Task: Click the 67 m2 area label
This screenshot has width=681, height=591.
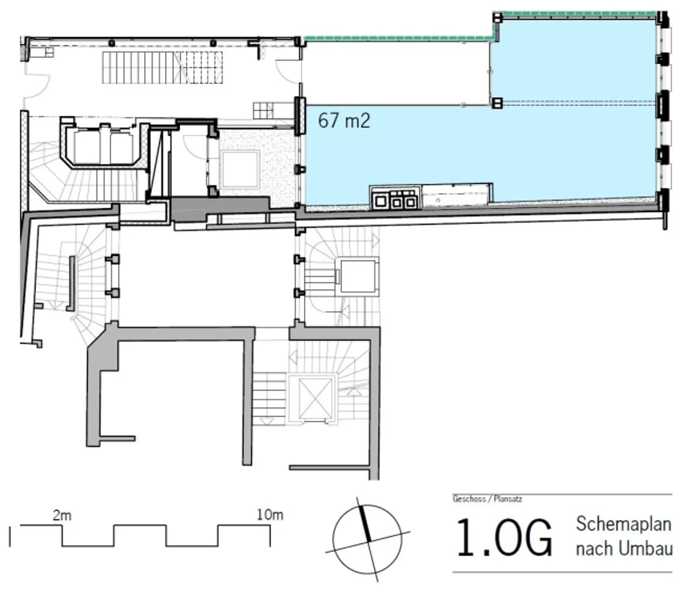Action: (x=344, y=120)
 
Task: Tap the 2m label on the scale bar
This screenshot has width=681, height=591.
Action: (x=62, y=515)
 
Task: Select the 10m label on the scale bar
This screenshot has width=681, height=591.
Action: (x=270, y=515)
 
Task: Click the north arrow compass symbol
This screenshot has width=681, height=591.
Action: (x=367, y=539)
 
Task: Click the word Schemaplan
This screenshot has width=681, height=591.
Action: (x=623, y=524)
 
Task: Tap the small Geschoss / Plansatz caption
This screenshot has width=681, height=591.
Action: (x=487, y=499)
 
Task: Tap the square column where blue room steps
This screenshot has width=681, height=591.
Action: (x=497, y=103)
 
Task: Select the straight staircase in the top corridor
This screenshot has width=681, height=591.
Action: (x=162, y=68)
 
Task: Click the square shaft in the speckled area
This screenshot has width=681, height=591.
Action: (x=241, y=169)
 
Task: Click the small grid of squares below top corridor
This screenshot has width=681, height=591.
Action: (x=263, y=110)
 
